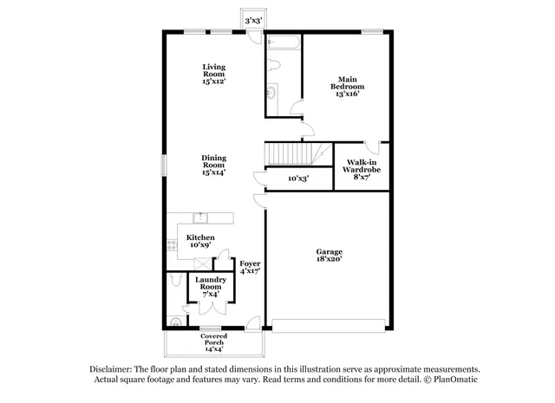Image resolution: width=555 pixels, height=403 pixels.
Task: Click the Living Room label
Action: click(x=213, y=74)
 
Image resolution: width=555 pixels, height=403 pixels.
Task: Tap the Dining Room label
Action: click(x=213, y=165)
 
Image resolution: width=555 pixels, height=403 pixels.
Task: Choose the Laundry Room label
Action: click(x=210, y=286)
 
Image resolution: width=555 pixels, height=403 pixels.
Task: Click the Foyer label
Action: click(x=250, y=267)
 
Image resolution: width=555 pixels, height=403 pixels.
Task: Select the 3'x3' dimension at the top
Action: click(x=254, y=19)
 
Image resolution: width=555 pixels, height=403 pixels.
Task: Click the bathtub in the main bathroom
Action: click(x=283, y=42)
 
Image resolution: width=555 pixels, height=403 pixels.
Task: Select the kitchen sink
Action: click(x=200, y=217)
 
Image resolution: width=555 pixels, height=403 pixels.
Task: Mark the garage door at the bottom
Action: click(x=327, y=325)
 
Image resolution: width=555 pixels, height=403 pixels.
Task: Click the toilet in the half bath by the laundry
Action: click(x=176, y=279)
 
